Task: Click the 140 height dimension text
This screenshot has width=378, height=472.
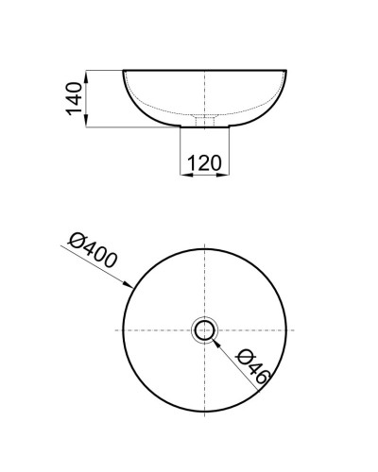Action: [x=76, y=97]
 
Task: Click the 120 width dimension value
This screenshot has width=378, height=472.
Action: [x=204, y=162]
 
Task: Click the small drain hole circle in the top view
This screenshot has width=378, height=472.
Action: [x=204, y=330]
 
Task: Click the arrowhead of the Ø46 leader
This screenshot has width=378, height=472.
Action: [x=215, y=342]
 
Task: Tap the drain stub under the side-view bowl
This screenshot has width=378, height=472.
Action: [x=204, y=120]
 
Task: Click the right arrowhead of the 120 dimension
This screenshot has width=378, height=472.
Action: [x=225, y=174]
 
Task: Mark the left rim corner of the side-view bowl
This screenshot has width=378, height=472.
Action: [x=124, y=71]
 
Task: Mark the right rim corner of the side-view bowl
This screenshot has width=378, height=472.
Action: [x=284, y=71]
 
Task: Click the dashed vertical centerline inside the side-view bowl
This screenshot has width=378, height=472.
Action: [x=204, y=94]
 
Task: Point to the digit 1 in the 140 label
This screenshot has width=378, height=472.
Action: [x=76, y=111]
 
